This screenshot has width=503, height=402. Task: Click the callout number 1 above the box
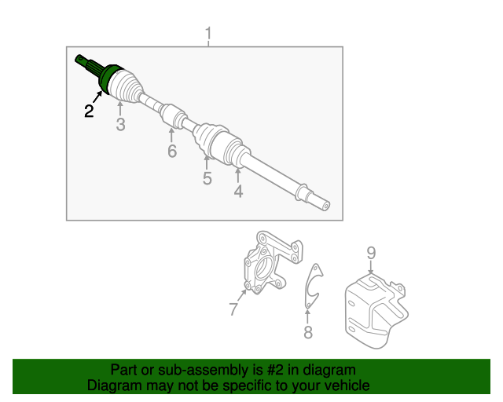coord(208,34)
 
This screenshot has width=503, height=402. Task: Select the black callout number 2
coord(89,111)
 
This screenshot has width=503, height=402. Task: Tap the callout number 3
coord(120,124)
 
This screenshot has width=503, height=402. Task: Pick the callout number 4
coord(238,191)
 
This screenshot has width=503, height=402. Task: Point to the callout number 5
coord(207,178)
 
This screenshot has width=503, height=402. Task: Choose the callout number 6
coord(172,151)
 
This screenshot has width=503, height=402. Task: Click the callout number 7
coord(234,309)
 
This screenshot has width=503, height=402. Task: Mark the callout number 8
coord(308,332)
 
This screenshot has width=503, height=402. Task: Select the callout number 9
coord(371,254)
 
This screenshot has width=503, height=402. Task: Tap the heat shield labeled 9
coord(376,311)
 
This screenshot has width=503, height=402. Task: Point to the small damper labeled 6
coord(173,116)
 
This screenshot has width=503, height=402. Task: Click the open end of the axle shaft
coord(325,206)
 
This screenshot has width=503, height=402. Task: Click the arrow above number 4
coord(237,175)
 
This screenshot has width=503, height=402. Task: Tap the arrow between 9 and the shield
coord(371,267)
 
